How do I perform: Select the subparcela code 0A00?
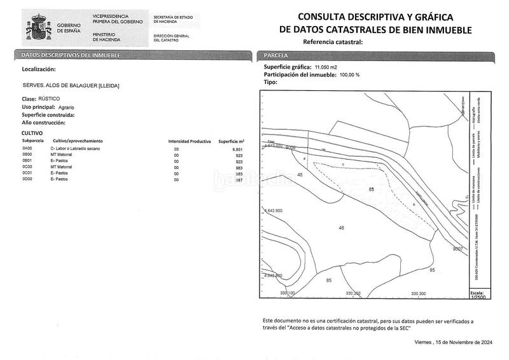(x=27, y=148)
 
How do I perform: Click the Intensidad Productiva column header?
(x=189, y=141)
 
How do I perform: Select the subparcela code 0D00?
(x=27, y=180)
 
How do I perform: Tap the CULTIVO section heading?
(x=32, y=133)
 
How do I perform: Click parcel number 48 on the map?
(x=342, y=228)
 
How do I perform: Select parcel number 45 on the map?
(x=300, y=174)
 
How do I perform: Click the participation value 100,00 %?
(x=349, y=74)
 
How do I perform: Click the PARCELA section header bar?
(x=375, y=55)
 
